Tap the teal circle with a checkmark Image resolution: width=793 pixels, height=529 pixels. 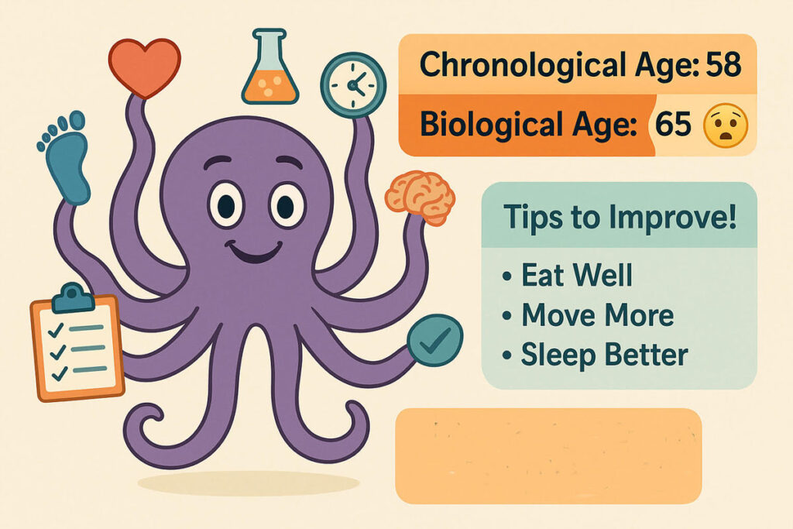pyautogui.click(x=434, y=340)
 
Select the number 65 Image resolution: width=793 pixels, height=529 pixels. pyautogui.click(x=672, y=125)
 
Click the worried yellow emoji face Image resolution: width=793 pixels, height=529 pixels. pyautogui.click(x=724, y=125)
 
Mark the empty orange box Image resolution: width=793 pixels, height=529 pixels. pyautogui.click(x=548, y=455)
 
